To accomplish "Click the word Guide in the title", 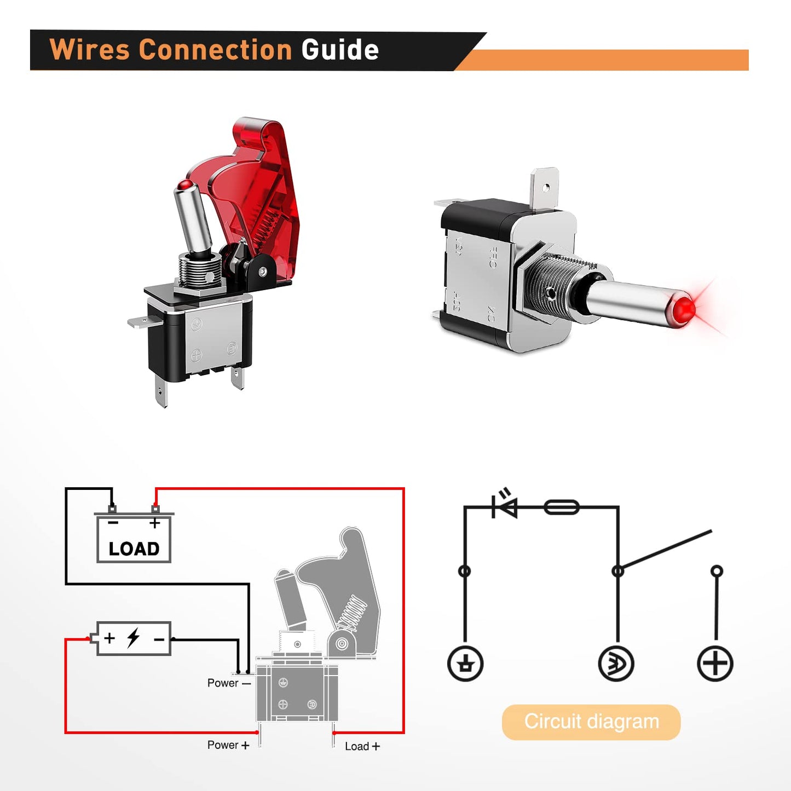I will pyautogui.click(x=339, y=50).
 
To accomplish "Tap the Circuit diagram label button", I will pyautogui.click(x=591, y=721).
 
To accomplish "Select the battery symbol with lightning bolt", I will pyautogui.click(x=134, y=638).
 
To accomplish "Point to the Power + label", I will pyautogui.click(x=228, y=745).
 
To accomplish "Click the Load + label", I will pyautogui.click(x=362, y=746).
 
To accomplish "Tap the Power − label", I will pyautogui.click(x=228, y=683).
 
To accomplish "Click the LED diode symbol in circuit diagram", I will pyautogui.click(x=505, y=506).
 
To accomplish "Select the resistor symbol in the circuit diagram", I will pyautogui.click(x=562, y=507).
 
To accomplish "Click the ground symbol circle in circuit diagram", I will pyautogui.click(x=465, y=663).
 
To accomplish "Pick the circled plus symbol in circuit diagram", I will pyautogui.click(x=715, y=663).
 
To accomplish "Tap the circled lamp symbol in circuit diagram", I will pyautogui.click(x=616, y=663).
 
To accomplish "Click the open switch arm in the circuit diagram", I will pyautogui.click(x=665, y=550).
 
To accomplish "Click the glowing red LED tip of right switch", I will pyautogui.click(x=683, y=310).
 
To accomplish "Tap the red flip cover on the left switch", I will pyautogui.click(x=257, y=181).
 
